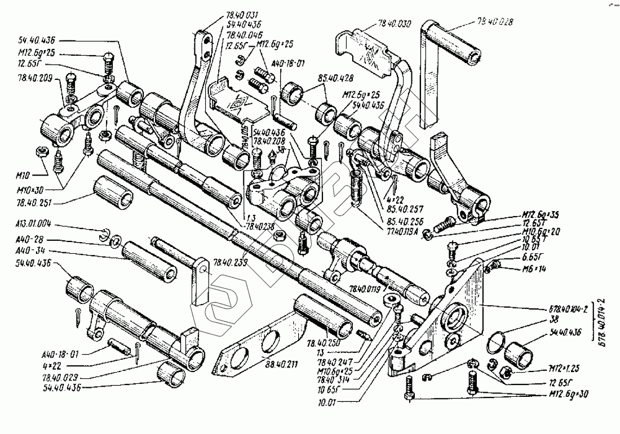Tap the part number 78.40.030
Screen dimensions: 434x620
click(395, 24)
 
